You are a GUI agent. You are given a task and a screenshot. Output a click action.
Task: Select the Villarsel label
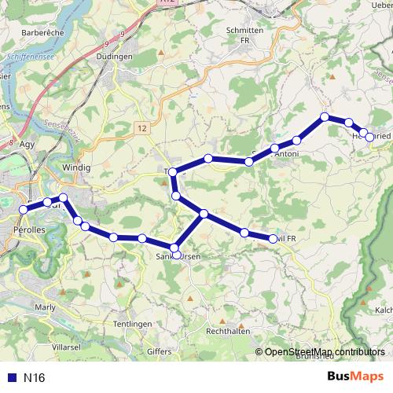pos(66,346)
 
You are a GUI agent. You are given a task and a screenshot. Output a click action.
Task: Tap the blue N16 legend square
pos(11,377)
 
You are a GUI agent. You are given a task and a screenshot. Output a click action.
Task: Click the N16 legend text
pos(34,377)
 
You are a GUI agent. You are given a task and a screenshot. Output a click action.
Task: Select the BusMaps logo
pos(356,376)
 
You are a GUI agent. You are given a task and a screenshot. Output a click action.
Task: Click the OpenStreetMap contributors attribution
pos(324,352)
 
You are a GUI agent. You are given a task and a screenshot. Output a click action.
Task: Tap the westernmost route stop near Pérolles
pos(24,210)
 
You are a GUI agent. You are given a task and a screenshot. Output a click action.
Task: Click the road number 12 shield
pos(141,127)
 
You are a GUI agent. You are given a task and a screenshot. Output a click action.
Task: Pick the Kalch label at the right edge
pos(384,310)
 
